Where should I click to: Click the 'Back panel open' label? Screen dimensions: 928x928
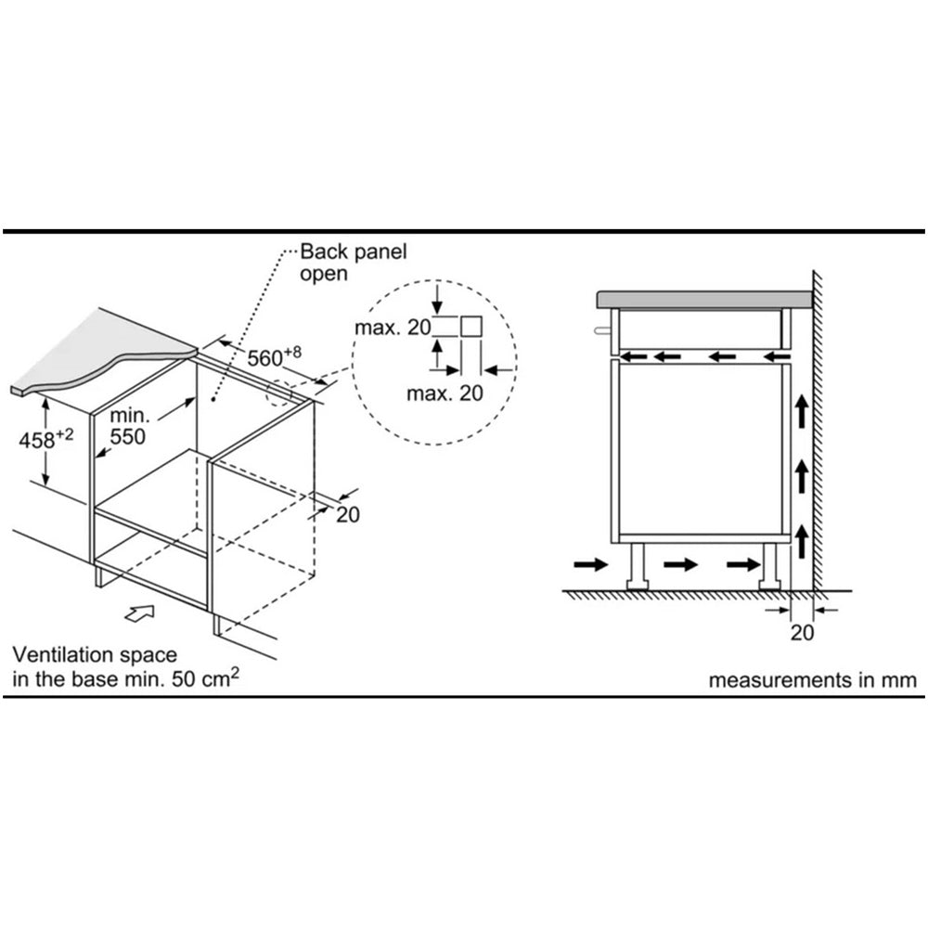354,262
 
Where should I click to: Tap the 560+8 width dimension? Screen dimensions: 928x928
274,357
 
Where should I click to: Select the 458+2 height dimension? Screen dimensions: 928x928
46,439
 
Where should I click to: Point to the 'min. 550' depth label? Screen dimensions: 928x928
128,426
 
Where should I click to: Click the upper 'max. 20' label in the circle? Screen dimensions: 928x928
393,327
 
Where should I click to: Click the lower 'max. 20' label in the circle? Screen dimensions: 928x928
445,393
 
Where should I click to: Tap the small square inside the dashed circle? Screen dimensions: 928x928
471,327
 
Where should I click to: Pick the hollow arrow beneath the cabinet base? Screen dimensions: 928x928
140,613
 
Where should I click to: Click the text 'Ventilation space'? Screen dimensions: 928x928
95,654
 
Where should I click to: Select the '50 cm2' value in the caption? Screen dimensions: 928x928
205,677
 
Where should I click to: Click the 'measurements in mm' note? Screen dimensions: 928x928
813,680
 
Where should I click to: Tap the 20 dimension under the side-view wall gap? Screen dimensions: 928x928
802,633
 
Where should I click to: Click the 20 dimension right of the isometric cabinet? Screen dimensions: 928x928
347,514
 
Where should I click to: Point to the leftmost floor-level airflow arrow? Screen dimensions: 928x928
590,564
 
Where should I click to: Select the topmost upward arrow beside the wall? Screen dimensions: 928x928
802,411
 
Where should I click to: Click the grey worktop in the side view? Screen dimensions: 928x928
704,300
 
